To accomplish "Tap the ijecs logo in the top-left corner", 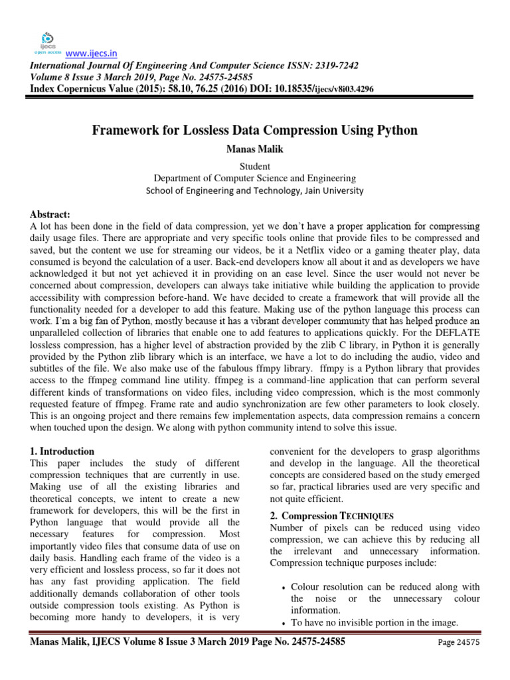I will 47,41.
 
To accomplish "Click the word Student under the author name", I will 254,166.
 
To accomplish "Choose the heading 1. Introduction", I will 62,452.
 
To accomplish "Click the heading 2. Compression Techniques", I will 331,515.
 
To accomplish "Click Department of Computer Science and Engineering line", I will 254,178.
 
